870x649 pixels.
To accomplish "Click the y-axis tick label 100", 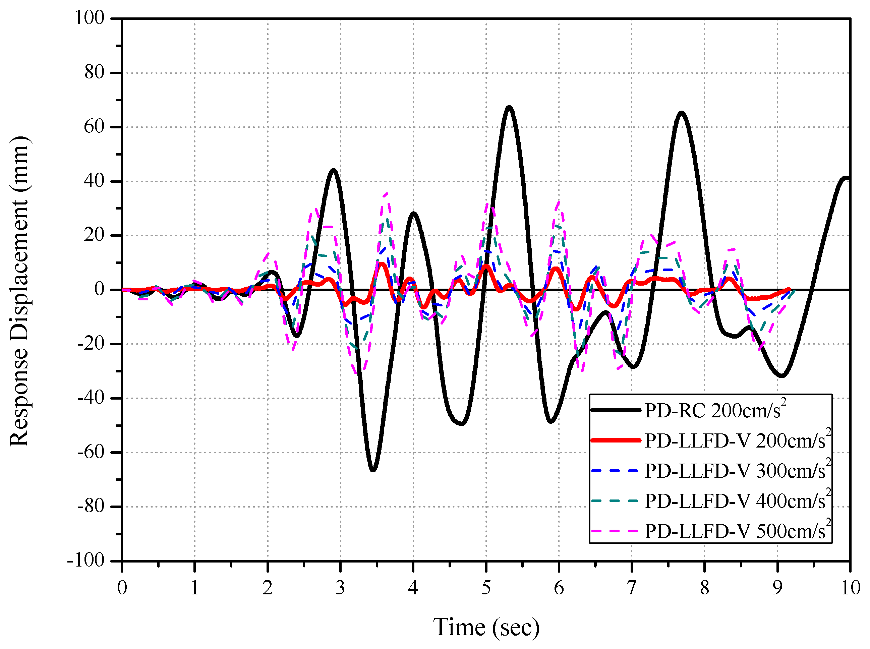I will click(x=90, y=18).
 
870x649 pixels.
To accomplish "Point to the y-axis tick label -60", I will click(x=91, y=452).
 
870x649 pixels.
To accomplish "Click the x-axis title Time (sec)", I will click(x=486, y=627).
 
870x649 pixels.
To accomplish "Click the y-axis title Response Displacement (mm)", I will click(x=19, y=291).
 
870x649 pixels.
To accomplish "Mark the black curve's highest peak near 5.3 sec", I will click(x=509, y=107).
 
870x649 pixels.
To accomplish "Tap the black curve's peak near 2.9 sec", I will click(x=333, y=171).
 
